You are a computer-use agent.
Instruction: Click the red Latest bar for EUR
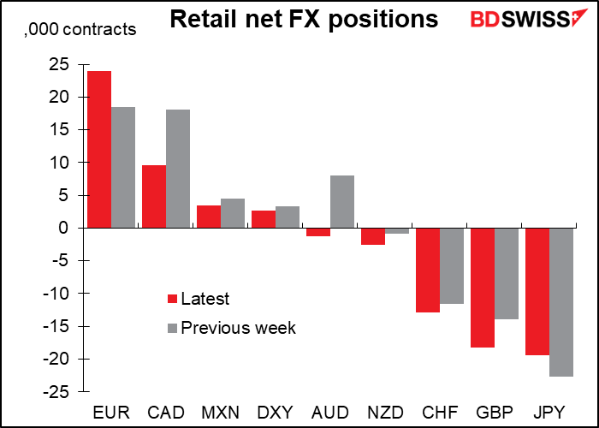point(98,149)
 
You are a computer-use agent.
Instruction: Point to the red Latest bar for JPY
point(537,291)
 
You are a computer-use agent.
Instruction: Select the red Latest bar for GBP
point(482,288)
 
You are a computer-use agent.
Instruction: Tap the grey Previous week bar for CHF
point(452,265)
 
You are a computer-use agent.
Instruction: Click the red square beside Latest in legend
point(172,299)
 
